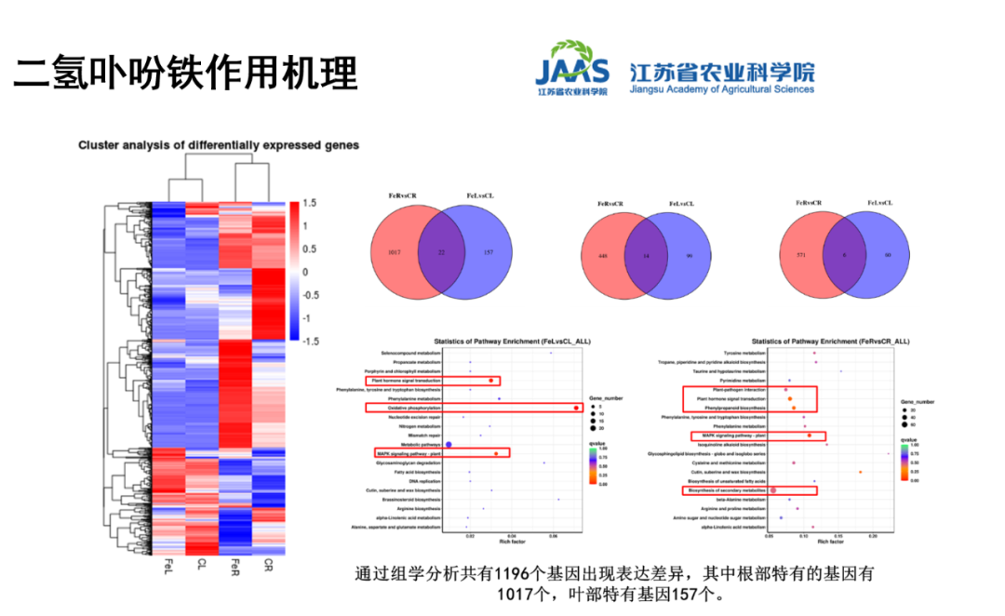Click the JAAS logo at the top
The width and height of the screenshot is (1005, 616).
click(x=571, y=67)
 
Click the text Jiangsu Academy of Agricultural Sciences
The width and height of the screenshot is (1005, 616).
click(x=721, y=89)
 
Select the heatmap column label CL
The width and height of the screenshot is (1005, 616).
click(x=201, y=566)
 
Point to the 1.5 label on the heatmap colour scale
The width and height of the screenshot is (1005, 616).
click(x=310, y=203)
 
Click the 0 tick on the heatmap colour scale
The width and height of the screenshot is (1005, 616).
click(x=304, y=272)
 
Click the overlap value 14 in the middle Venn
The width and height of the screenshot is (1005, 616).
click(x=642, y=257)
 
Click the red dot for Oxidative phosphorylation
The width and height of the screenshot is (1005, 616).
click(x=577, y=408)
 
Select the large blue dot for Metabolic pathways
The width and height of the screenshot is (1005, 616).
click(x=449, y=444)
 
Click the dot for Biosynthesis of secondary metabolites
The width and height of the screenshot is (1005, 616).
click(x=773, y=489)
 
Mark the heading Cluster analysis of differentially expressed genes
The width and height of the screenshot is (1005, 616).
click(x=219, y=145)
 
